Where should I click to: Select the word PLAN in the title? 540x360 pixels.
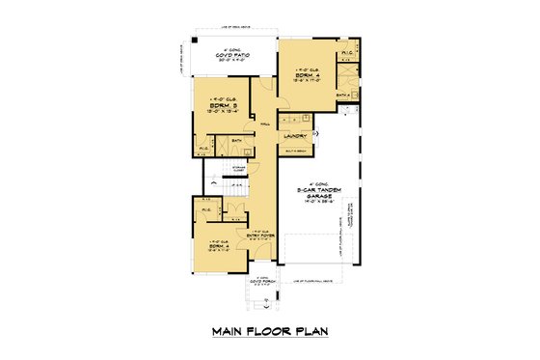tap(309, 331)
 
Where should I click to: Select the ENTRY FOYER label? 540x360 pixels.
tap(259, 235)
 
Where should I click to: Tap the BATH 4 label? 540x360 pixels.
tap(342, 95)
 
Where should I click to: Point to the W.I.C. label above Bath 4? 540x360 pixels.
tap(346, 53)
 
